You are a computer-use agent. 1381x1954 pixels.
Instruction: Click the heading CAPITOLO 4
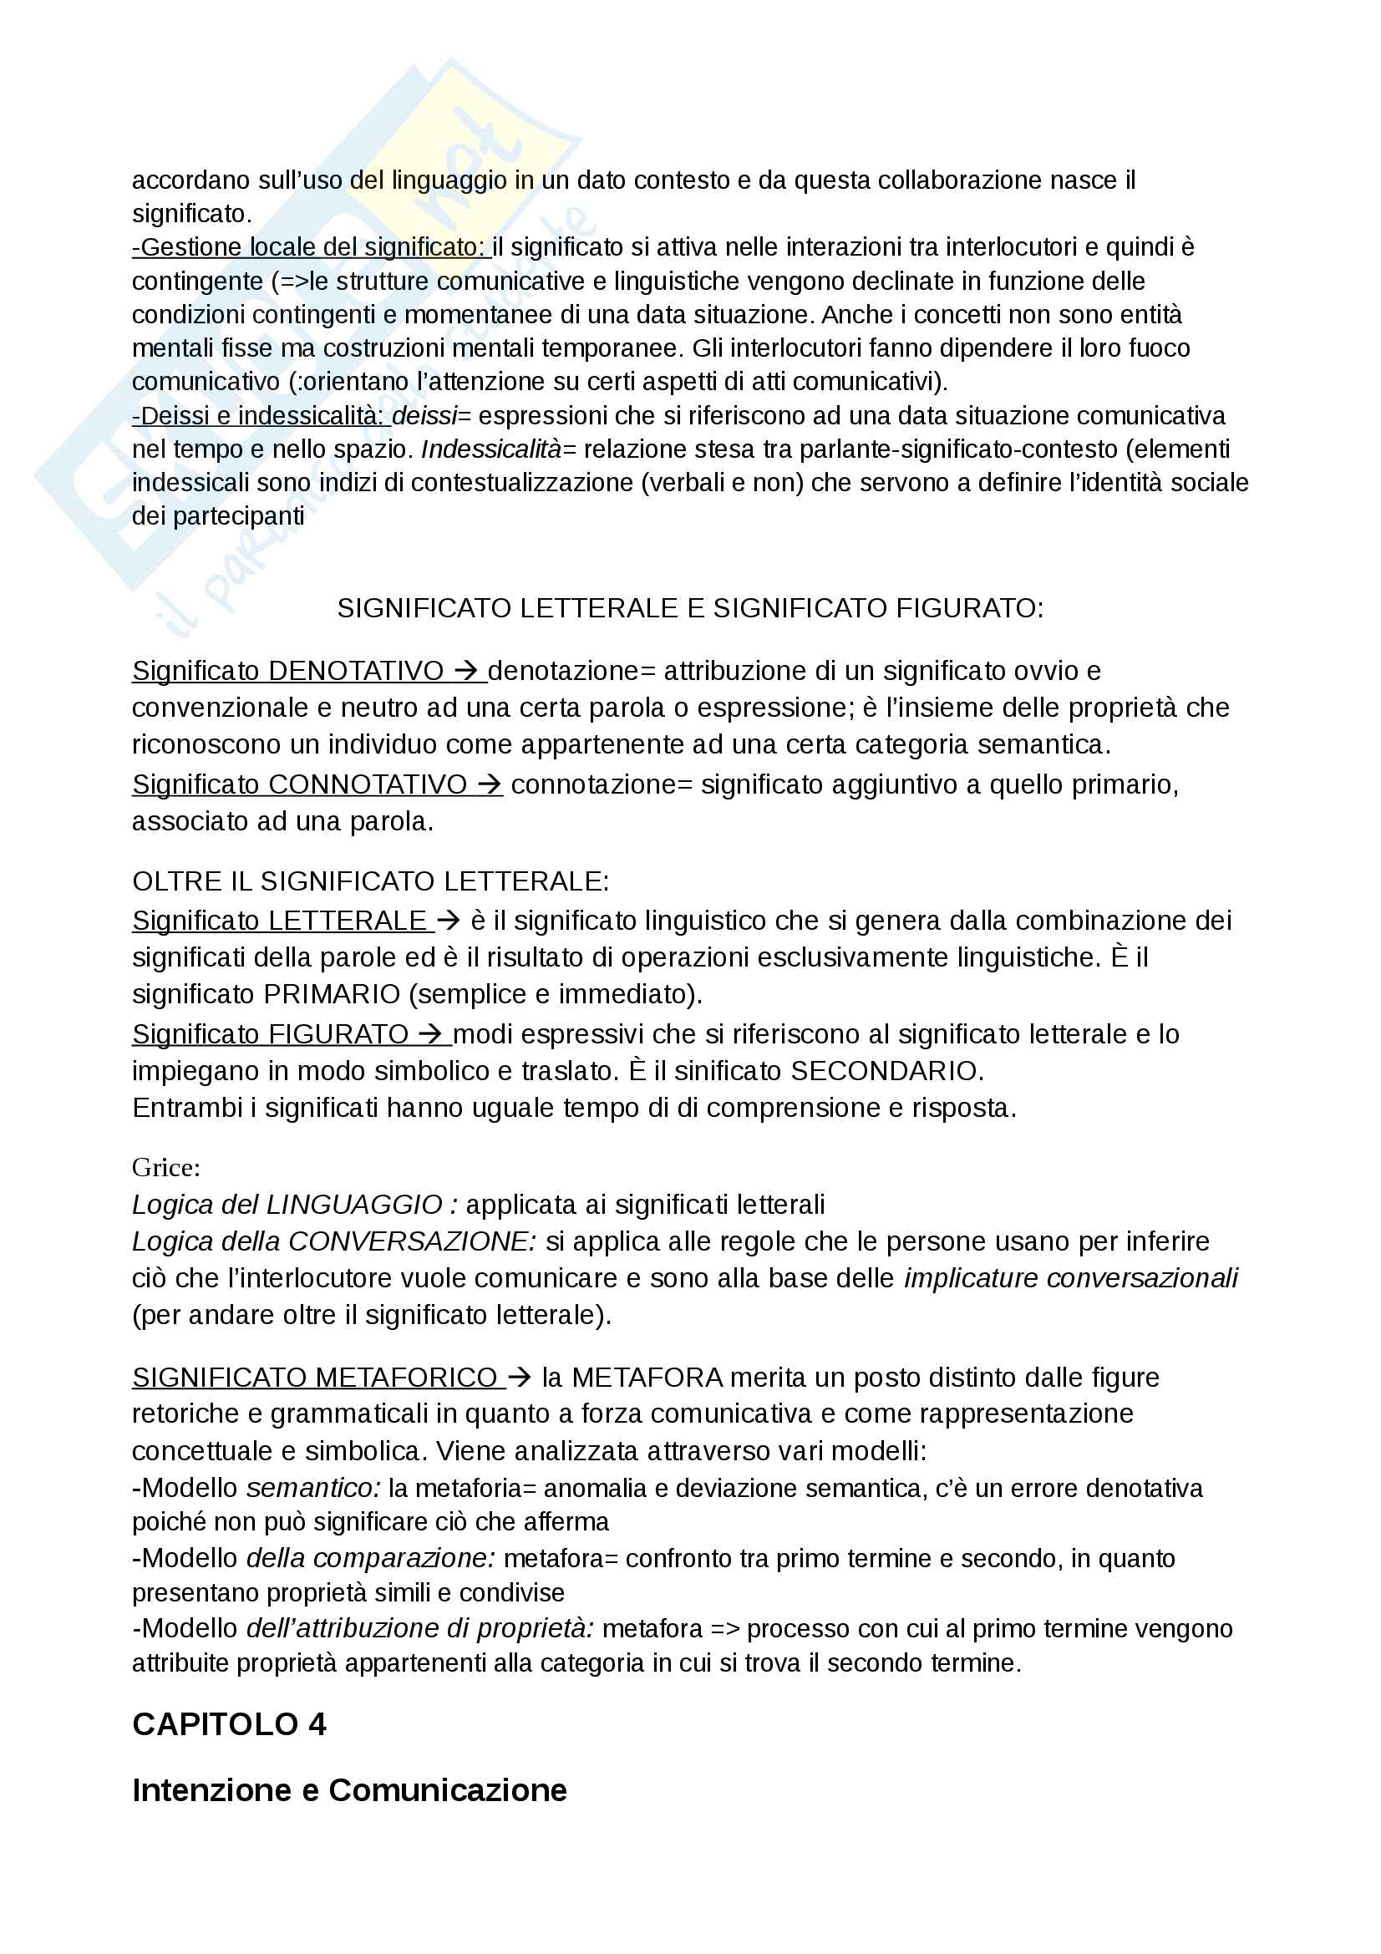pyautogui.click(x=229, y=1724)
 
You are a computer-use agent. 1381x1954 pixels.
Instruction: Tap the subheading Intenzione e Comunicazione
pyautogui.click(x=349, y=1789)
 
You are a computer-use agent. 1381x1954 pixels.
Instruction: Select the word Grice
pyautogui.click(x=165, y=1167)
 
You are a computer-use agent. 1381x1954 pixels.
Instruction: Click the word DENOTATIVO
pyautogui.click(x=356, y=671)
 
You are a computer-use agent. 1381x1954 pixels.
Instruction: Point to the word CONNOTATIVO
pyautogui.click(x=368, y=784)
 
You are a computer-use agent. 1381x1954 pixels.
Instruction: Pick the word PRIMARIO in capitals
pyautogui.click(x=332, y=994)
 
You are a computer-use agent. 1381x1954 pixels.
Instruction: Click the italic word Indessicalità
pyautogui.click(x=491, y=449)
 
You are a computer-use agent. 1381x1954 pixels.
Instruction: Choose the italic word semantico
pyautogui.click(x=313, y=1488)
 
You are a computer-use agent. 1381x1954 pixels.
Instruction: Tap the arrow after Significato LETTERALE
pyautogui.click(x=448, y=921)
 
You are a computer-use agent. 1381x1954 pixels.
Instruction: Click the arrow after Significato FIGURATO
pyautogui.click(x=430, y=1034)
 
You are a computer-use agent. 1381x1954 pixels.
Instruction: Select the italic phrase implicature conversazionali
pyautogui.click(x=1069, y=1278)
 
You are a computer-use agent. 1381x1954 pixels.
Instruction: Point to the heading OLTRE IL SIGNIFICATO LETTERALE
pyautogui.click(x=370, y=881)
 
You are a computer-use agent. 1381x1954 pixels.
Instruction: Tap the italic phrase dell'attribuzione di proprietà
pyautogui.click(x=419, y=1628)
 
